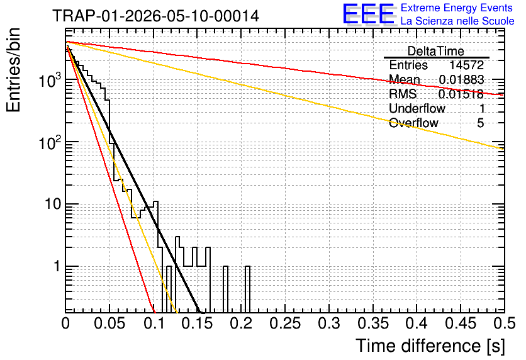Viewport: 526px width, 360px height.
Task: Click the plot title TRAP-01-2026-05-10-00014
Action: tap(155, 16)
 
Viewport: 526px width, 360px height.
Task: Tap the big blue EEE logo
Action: tap(369, 14)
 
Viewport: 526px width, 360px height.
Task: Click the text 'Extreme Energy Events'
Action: tap(457, 8)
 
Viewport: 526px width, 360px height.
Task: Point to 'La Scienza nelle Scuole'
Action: tap(457, 21)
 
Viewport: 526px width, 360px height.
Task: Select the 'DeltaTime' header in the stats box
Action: tap(436, 52)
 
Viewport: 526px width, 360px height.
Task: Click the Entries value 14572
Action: tap(466, 65)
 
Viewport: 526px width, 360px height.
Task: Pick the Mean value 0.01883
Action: tap(462, 80)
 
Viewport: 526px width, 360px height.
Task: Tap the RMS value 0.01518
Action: tap(461, 94)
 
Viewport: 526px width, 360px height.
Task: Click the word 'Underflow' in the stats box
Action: tap(417, 108)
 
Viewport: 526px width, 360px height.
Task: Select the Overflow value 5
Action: tap(480, 123)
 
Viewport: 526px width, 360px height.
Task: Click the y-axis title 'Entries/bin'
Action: tap(13, 70)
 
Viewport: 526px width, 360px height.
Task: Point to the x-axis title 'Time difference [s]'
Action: tap(430, 346)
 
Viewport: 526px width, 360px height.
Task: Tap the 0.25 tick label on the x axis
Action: tap(285, 323)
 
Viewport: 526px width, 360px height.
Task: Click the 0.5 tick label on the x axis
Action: tap(505, 323)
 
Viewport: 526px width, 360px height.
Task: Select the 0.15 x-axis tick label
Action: tap(197, 323)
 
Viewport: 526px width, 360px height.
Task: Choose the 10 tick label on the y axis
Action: tap(53, 204)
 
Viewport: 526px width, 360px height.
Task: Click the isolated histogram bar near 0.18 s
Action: tap(225, 290)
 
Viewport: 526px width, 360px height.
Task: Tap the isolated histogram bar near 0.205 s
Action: tap(247, 290)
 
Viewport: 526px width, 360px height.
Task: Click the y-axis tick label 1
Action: tap(57, 266)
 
